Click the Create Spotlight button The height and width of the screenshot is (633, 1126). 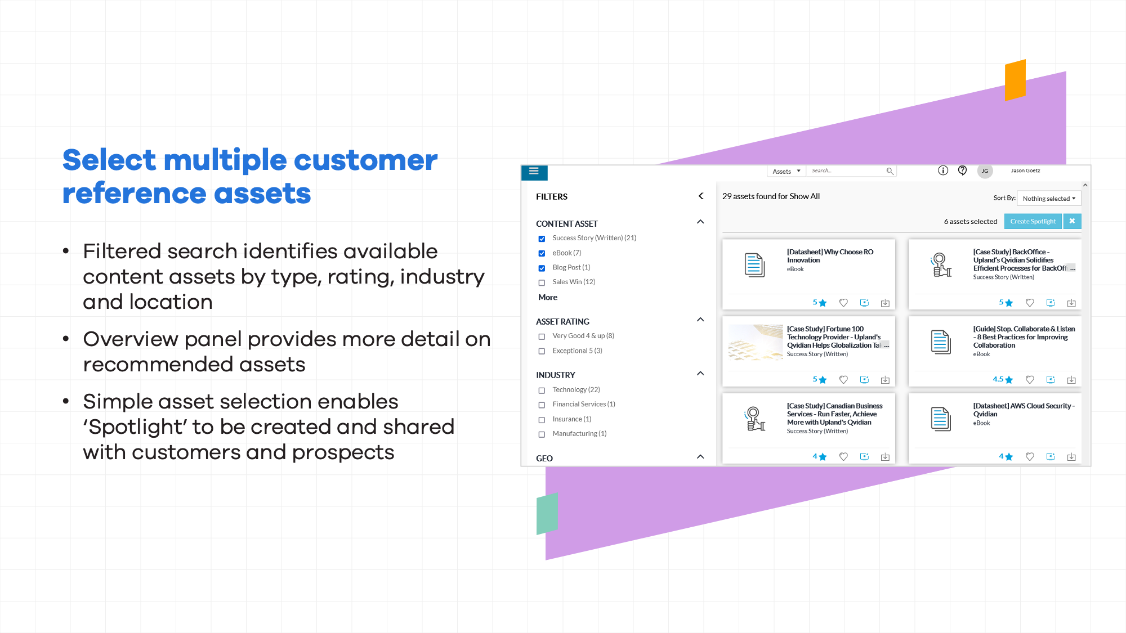pyautogui.click(x=1033, y=221)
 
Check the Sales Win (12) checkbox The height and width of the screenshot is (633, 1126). pyautogui.click(x=542, y=282)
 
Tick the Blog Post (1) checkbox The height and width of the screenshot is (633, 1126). pyautogui.click(x=542, y=268)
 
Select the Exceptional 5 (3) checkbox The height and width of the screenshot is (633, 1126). pyautogui.click(x=542, y=351)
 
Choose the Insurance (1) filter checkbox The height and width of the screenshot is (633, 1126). pyautogui.click(x=542, y=420)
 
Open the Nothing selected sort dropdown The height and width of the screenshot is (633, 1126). pyautogui.click(x=1049, y=199)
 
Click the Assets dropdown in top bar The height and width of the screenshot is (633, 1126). pyautogui.click(x=786, y=171)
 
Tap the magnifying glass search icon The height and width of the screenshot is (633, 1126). pyautogui.click(x=890, y=171)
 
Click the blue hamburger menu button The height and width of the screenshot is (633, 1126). pyautogui.click(x=534, y=172)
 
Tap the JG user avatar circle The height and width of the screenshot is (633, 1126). pyautogui.click(x=985, y=171)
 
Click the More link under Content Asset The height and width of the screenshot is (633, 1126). pyautogui.click(x=548, y=297)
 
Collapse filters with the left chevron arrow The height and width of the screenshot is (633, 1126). pyautogui.click(x=701, y=196)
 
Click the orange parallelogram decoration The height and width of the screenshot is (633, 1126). pyautogui.click(x=1015, y=80)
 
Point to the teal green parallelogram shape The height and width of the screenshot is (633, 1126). pyautogui.click(x=547, y=513)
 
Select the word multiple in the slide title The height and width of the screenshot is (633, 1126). pyautogui.click(x=225, y=160)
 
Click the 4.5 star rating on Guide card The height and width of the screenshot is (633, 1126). pyautogui.click(x=1003, y=380)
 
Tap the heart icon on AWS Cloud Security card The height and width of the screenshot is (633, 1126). pyautogui.click(x=1030, y=457)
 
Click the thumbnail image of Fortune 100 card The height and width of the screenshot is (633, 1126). pyautogui.click(x=756, y=342)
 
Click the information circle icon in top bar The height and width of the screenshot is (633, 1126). pyautogui.click(x=943, y=170)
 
